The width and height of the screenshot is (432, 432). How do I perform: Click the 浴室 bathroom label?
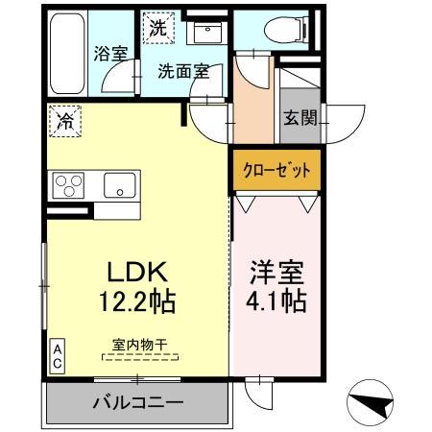111,54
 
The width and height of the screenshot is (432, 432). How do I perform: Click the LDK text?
133,271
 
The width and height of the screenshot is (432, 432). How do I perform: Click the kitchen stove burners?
70,184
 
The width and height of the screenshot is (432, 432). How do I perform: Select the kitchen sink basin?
119,185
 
